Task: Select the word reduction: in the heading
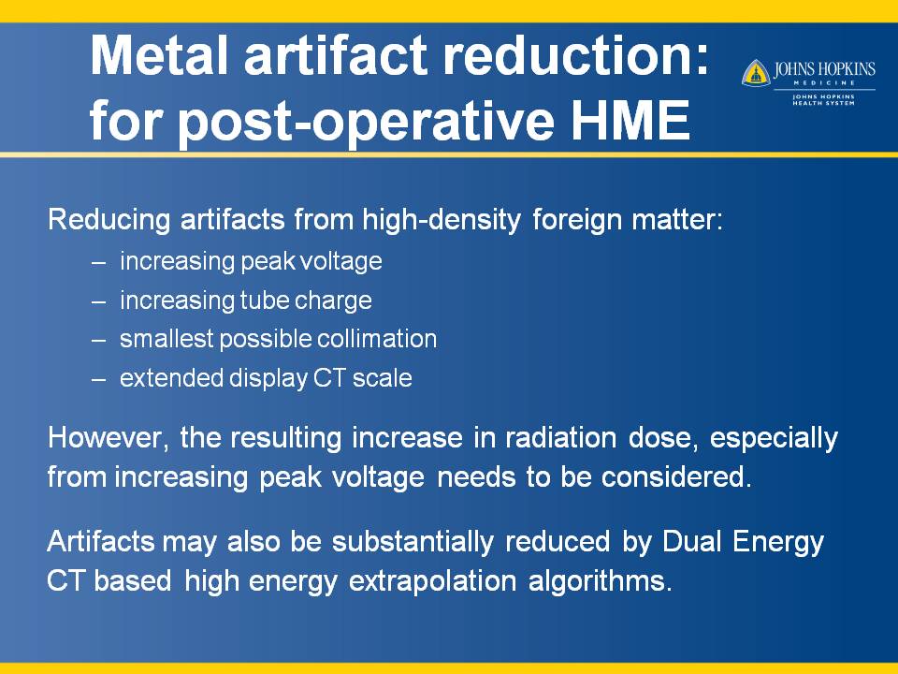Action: [577, 55]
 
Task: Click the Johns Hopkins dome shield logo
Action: [756, 73]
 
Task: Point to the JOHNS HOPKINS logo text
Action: [824, 70]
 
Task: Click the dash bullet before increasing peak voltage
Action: [98, 262]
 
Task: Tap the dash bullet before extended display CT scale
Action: [98, 379]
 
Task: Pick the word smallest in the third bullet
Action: [167, 339]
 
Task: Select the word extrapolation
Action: [432, 581]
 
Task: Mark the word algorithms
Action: [600, 581]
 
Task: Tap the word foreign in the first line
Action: [577, 220]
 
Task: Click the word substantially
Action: [413, 542]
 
